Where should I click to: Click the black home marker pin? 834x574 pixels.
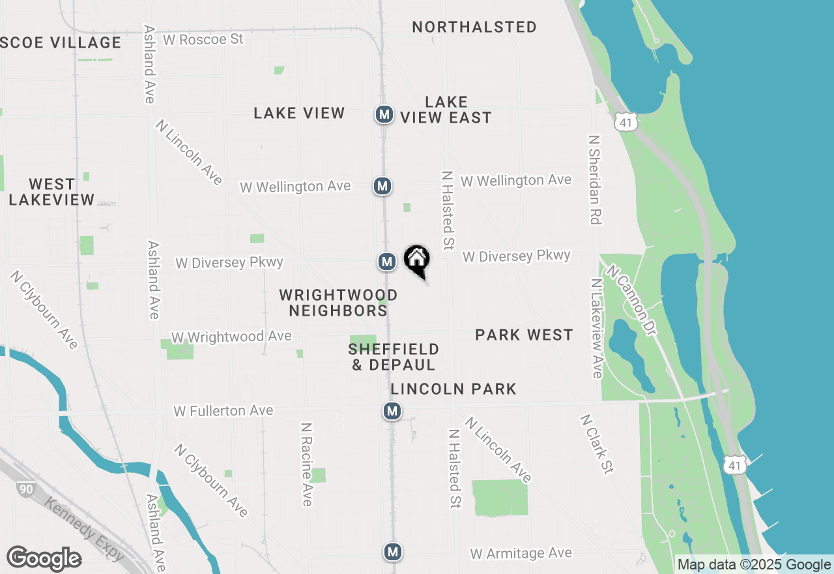417,260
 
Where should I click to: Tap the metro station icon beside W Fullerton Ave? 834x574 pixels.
392,411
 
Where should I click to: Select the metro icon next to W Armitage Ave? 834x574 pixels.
392,552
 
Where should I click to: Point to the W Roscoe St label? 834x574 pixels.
203,39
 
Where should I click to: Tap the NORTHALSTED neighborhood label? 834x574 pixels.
474,27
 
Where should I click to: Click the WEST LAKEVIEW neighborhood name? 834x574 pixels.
52,192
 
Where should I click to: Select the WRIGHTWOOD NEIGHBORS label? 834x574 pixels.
338,303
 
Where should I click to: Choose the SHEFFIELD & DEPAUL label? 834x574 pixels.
394,357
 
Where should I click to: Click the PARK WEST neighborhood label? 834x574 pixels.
524,335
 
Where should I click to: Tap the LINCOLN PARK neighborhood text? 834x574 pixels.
453,389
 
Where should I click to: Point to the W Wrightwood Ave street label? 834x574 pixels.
231,337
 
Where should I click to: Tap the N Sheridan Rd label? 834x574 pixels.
593,180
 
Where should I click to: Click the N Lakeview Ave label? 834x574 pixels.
596,328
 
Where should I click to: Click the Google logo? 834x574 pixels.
44,559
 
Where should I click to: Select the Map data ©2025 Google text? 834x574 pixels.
754,565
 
